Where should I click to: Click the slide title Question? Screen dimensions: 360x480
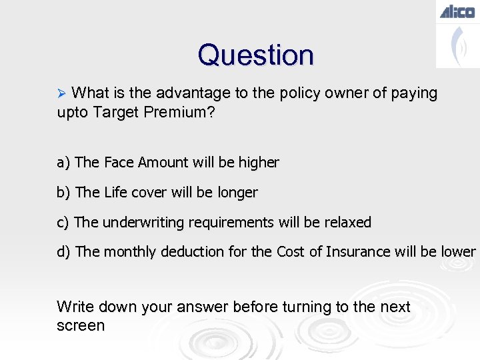pos(255,55)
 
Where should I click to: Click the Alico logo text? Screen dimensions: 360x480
pos(457,11)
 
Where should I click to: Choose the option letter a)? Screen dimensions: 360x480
pos(64,163)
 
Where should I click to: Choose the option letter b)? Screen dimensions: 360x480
pos(64,193)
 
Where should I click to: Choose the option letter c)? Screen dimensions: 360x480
pos(63,223)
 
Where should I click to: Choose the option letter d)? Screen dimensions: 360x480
pos(64,252)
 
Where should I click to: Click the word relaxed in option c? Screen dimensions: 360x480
pos(346,223)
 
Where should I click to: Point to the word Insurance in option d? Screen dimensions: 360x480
pos(358,252)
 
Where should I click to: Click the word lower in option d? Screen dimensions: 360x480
pos(458,252)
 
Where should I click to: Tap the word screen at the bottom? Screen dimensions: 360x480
pos(81,326)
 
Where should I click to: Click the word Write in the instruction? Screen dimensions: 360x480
pos(75,307)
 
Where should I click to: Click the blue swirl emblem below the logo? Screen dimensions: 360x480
pos(458,45)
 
